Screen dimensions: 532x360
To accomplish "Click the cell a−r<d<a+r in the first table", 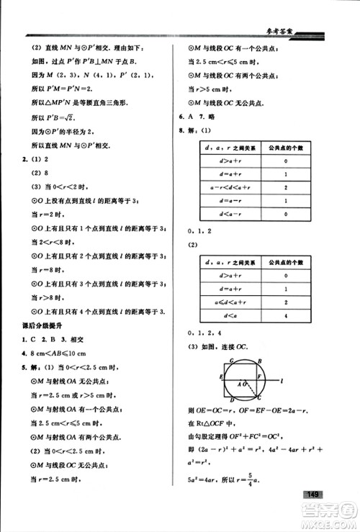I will tap(220, 186).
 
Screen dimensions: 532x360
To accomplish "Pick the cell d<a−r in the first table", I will tap(220, 213).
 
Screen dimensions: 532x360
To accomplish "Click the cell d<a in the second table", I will tap(220, 315).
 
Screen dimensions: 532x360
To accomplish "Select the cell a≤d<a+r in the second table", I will tap(220, 302).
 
